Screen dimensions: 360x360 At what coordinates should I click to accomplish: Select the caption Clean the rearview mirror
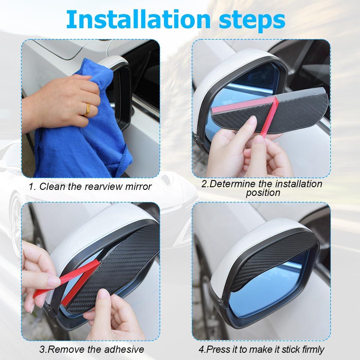coord(90,187)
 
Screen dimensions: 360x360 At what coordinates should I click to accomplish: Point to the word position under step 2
coord(263,193)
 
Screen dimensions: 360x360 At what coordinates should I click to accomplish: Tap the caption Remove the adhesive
coord(91,349)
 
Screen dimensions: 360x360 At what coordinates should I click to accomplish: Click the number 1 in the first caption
coord(31,187)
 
